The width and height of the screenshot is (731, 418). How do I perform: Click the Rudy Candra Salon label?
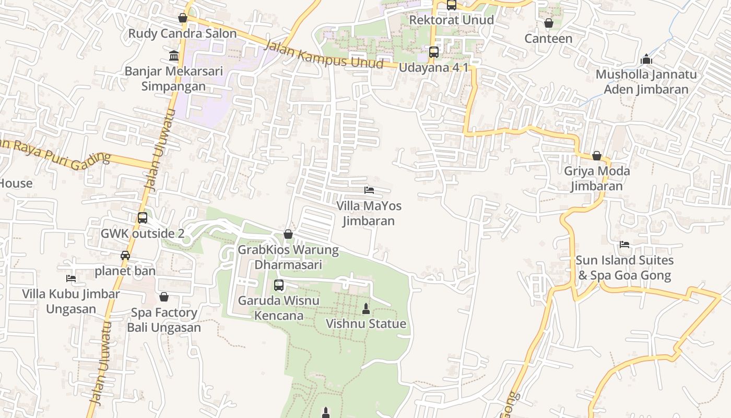[x=182, y=33]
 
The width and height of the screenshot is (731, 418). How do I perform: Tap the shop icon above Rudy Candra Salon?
[x=183, y=18]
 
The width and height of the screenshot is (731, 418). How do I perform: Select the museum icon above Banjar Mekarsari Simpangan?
[x=174, y=55]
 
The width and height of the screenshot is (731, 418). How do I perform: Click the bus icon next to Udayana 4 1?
[x=434, y=52]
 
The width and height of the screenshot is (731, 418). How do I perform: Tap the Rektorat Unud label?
[x=451, y=20]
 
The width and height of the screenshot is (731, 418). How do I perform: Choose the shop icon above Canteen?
[x=548, y=23]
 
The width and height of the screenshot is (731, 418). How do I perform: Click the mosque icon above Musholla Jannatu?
[x=646, y=59]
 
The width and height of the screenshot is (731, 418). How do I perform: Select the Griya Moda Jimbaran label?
[x=597, y=178]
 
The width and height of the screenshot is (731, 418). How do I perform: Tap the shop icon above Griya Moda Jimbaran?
[x=597, y=156]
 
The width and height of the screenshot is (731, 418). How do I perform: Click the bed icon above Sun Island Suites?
[x=624, y=245]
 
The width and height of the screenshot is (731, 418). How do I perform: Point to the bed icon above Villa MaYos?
[x=369, y=190]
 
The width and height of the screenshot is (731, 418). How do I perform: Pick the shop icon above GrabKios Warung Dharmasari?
[x=288, y=235]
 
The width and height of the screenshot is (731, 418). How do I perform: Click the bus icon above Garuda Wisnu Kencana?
[x=279, y=285]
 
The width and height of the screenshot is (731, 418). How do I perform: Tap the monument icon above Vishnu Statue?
[x=366, y=309]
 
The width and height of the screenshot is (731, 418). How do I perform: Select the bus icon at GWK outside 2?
[x=143, y=218]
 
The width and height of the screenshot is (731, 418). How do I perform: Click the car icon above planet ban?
[x=125, y=256]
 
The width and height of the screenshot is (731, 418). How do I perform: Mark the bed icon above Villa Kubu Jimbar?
[x=71, y=278]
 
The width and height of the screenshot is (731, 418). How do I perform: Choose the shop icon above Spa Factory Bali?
[x=164, y=297]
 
